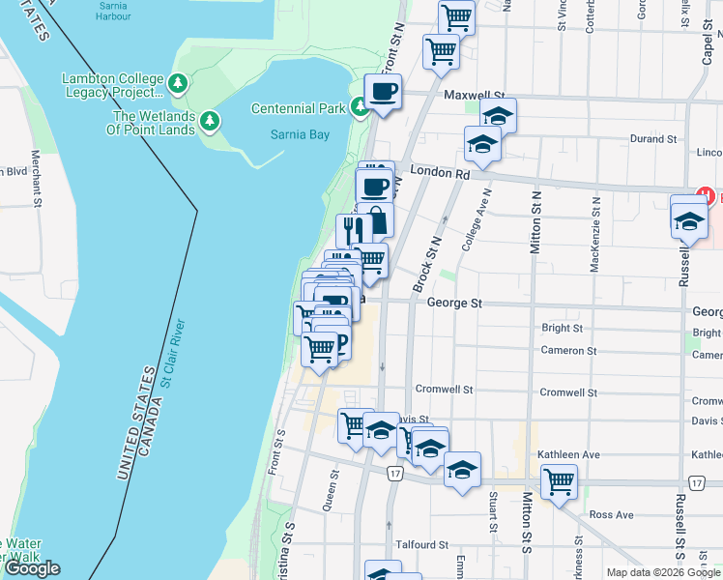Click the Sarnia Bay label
point(300,134)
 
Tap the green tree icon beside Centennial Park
point(360,107)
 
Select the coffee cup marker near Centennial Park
point(383,93)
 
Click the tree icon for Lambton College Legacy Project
point(178,84)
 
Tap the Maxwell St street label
point(476,96)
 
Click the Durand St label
point(653,139)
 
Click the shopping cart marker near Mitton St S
point(559,481)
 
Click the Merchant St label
point(35,179)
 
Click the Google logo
point(33,568)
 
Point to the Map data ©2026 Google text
point(662,572)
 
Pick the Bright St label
point(562,328)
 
